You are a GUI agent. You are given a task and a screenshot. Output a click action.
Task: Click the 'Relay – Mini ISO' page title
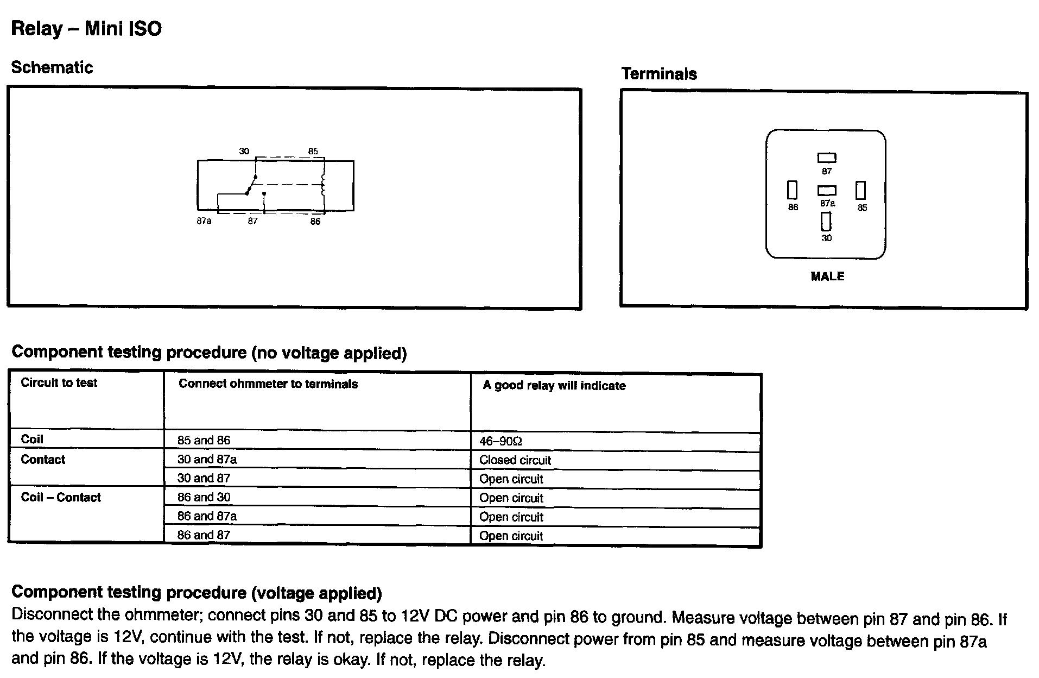tap(86, 29)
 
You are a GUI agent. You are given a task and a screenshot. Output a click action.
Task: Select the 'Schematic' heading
tap(52, 67)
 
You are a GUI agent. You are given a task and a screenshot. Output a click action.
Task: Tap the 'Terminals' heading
tap(659, 74)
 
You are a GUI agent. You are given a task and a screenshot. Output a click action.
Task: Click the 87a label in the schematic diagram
tap(204, 221)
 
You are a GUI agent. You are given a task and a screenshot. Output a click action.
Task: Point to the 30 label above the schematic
tap(244, 151)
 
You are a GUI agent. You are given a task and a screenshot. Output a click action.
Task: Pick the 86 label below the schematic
tap(315, 222)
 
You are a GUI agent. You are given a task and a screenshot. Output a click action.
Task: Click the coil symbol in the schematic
tap(324, 185)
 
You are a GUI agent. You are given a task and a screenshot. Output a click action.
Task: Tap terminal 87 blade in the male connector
tap(827, 158)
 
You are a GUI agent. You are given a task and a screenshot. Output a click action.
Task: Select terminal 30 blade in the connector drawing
tap(826, 221)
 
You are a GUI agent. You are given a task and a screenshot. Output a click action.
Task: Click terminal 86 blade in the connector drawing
tap(793, 190)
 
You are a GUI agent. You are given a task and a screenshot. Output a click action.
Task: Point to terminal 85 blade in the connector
tap(861, 190)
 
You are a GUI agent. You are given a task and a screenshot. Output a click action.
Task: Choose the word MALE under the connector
tap(827, 277)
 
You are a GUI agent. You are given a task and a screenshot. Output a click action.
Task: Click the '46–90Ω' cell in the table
tap(501, 441)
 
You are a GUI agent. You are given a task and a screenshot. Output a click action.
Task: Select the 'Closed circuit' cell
tap(515, 460)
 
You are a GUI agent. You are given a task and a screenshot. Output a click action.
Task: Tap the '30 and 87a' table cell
tap(207, 460)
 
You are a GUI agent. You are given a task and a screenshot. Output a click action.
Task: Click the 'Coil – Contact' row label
tap(61, 497)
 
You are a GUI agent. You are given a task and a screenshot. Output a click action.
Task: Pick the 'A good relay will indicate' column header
tap(554, 386)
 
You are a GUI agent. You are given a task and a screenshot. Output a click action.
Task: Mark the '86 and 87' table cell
tap(204, 535)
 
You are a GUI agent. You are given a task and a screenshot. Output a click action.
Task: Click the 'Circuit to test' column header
tap(59, 382)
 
